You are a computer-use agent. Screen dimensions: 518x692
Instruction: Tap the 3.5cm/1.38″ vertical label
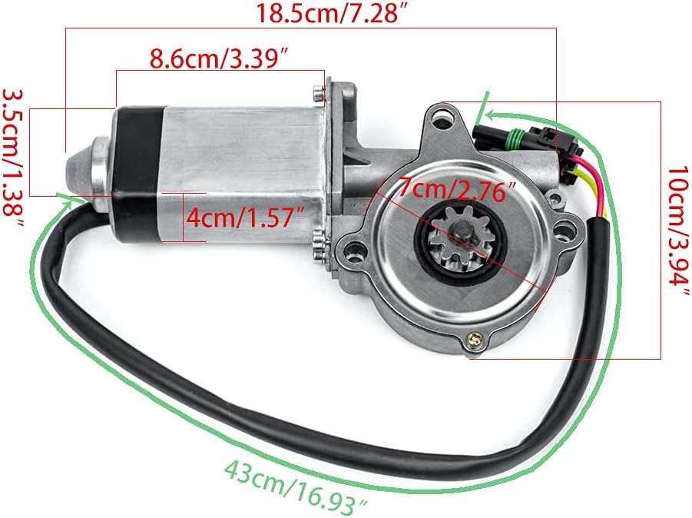click(15, 157)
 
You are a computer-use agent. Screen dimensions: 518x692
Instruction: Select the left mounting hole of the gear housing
click(353, 249)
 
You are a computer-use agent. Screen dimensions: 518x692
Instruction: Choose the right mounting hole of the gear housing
click(567, 228)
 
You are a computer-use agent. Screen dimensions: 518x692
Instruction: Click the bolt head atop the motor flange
click(317, 93)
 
